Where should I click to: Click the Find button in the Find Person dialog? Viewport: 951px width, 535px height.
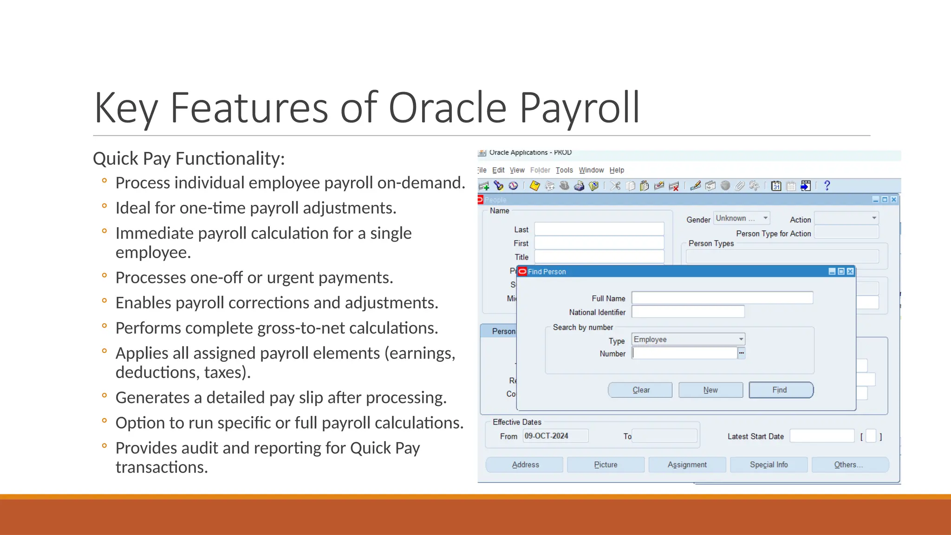[x=781, y=390]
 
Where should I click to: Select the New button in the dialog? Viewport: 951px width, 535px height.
[x=710, y=390]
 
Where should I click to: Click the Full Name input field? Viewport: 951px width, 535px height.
[x=722, y=298]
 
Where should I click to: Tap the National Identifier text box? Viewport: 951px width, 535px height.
[x=687, y=312]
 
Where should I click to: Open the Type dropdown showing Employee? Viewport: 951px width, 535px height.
[x=688, y=339]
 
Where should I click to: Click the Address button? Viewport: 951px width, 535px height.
[x=525, y=465]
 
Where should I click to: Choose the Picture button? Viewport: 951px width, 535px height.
[x=606, y=465]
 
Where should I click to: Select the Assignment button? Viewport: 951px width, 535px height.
[x=687, y=465]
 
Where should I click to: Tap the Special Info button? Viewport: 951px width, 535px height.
[x=769, y=465]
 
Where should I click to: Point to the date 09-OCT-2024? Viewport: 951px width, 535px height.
[x=546, y=436]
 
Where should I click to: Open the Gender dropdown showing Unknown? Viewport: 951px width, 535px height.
[x=742, y=218]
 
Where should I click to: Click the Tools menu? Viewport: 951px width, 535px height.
[x=564, y=170]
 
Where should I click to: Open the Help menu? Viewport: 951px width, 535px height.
[x=617, y=170]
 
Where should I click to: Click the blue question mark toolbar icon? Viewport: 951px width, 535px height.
[x=827, y=186]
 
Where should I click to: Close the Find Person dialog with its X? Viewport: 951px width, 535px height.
[x=850, y=272]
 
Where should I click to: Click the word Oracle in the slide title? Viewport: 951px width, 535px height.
[x=447, y=108]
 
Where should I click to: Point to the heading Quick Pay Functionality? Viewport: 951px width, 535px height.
[x=189, y=159]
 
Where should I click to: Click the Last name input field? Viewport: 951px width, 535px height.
[x=599, y=229]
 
